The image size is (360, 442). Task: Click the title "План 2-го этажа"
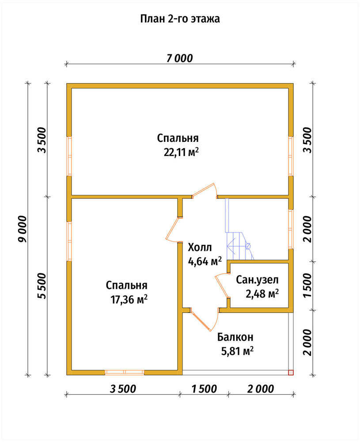pyautogui.click(x=180, y=19)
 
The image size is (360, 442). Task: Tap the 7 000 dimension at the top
pyautogui.click(x=180, y=58)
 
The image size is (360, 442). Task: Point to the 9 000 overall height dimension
pyautogui.click(x=22, y=229)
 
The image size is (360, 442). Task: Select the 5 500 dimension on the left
pyautogui.click(x=42, y=286)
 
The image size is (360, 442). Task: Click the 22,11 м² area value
pyautogui.click(x=182, y=152)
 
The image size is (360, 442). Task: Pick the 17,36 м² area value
pyautogui.click(x=129, y=300)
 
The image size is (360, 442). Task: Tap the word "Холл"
pyautogui.click(x=200, y=248)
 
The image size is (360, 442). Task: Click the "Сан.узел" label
pyautogui.click(x=257, y=280)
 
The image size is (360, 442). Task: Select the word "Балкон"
pyautogui.click(x=235, y=337)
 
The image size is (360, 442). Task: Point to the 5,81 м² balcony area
pyautogui.click(x=237, y=351)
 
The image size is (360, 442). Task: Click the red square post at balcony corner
pyautogui.click(x=291, y=372)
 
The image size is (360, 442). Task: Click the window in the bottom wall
pyautogui.click(x=125, y=372)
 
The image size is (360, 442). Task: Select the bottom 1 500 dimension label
pyautogui.click(x=204, y=389)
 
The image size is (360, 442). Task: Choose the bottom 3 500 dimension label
pyautogui.click(x=123, y=389)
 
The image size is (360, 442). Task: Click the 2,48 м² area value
pyautogui.click(x=262, y=294)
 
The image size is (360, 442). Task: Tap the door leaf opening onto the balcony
pyautogui.click(x=201, y=321)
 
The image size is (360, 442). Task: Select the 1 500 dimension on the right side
pyautogui.click(x=308, y=285)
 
